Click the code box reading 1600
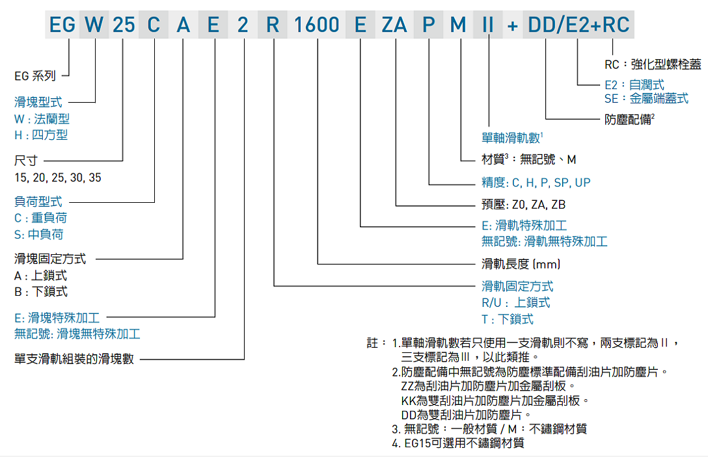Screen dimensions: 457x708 point(317,25)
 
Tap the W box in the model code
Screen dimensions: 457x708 point(94,25)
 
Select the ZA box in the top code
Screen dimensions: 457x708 point(394,25)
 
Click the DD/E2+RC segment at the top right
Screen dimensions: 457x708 point(579,25)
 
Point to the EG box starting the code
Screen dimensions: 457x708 point(62,25)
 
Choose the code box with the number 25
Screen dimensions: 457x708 point(123,25)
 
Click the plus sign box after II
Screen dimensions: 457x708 point(513,25)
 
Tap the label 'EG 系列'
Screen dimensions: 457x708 point(35,76)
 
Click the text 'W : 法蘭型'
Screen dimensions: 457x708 point(42,119)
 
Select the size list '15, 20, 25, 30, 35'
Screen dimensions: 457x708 point(58,177)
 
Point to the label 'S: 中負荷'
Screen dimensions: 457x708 point(39,234)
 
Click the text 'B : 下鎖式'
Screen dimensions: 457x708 point(40,292)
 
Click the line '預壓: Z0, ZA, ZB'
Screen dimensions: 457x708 point(523,205)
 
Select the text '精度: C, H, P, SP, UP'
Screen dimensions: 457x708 point(536,183)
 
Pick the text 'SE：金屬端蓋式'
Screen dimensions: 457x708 point(646,99)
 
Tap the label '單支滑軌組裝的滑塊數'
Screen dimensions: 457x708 point(74,358)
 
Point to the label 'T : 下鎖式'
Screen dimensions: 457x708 point(508,319)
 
